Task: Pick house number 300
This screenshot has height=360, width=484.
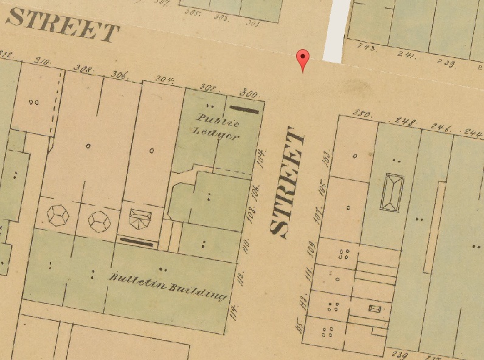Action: click(249, 94)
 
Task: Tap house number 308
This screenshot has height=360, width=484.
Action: click(83, 69)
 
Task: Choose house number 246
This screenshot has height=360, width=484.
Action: click(442, 127)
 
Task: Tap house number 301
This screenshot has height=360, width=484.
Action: click(253, 24)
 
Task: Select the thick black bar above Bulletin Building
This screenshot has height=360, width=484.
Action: click(136, 241)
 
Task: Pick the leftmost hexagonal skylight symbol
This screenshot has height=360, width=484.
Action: click(58, 215)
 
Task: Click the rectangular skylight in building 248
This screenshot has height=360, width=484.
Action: click(392, 193)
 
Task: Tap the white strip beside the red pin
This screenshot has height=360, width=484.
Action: click(336, 30)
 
